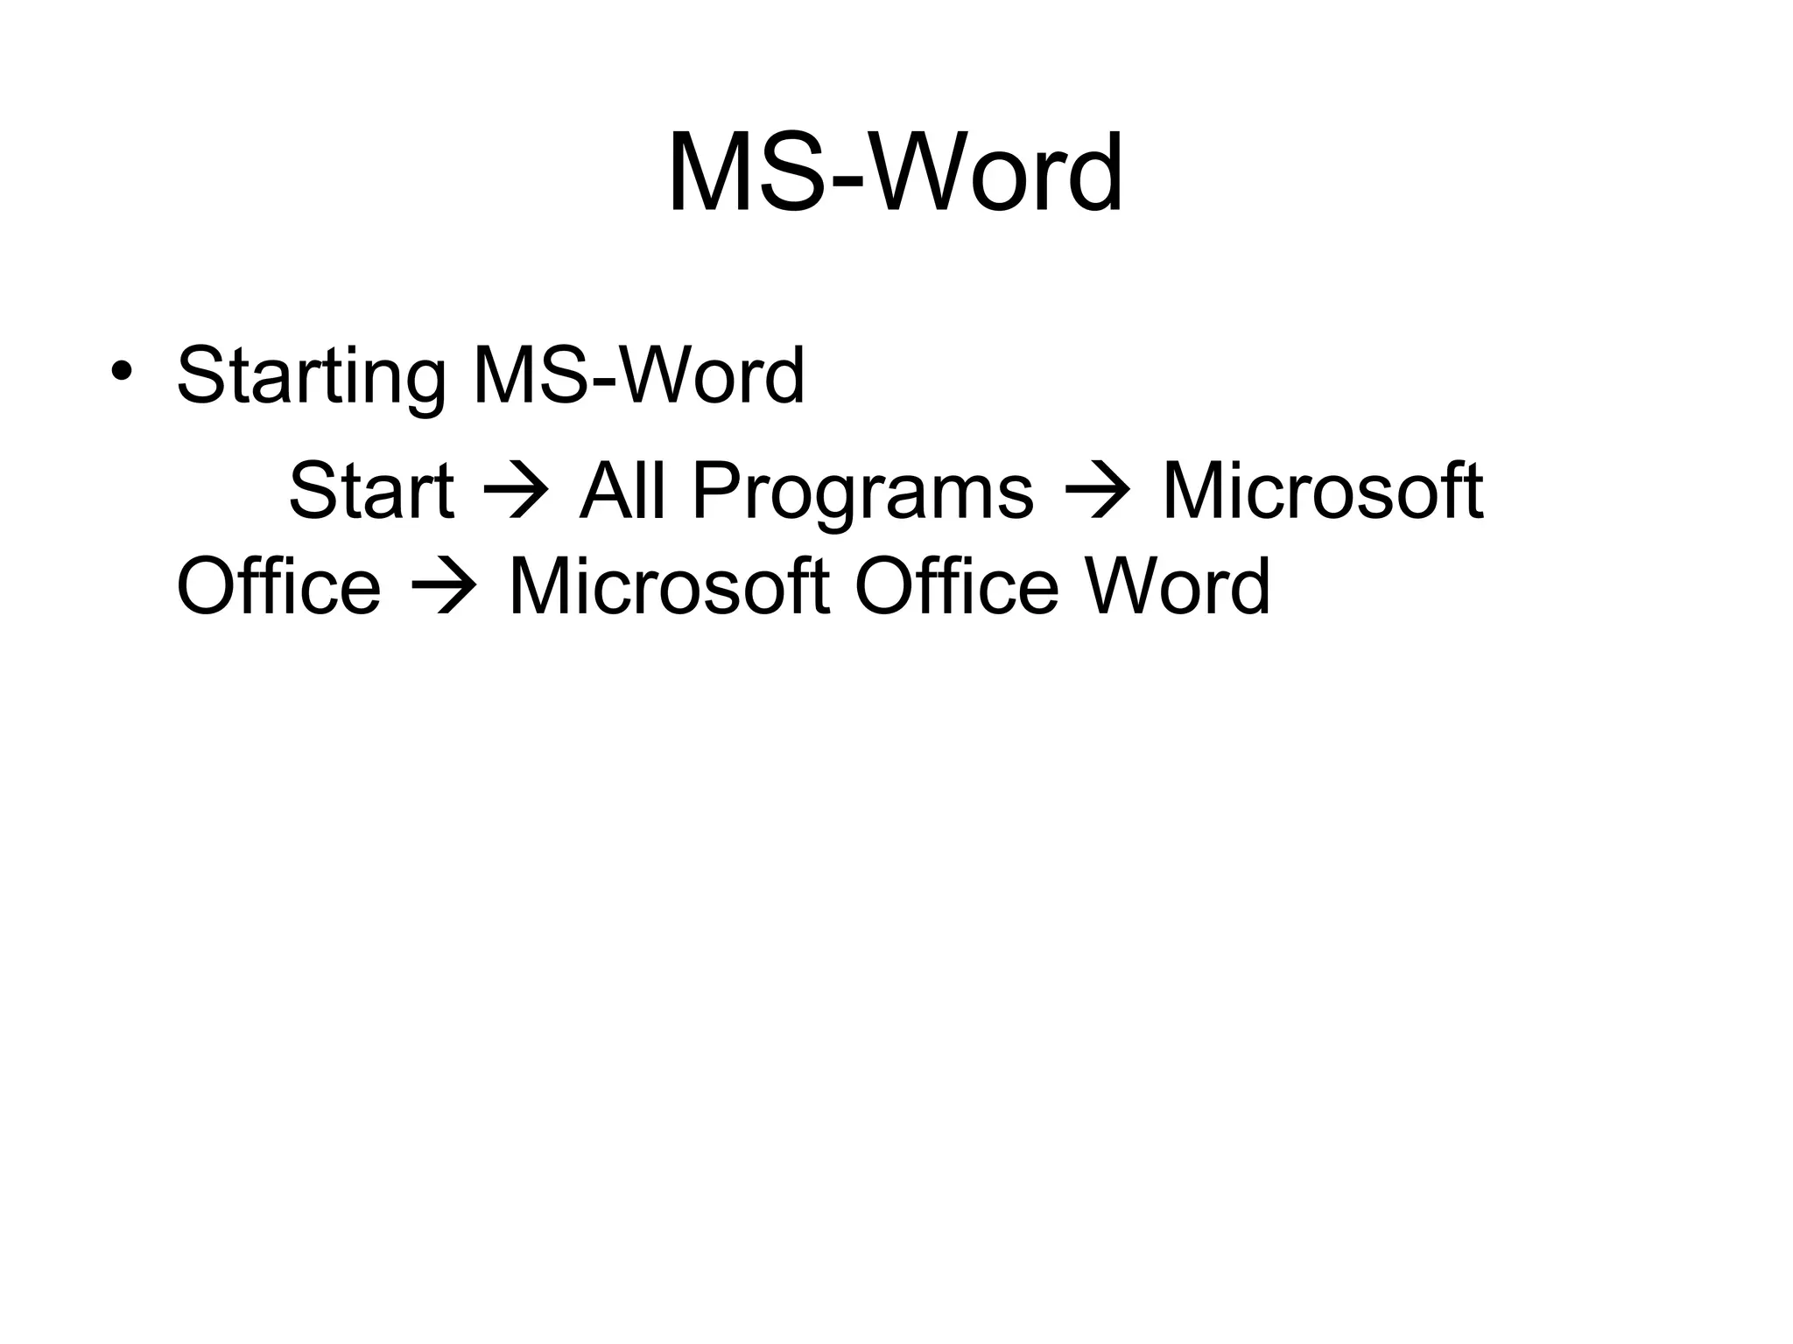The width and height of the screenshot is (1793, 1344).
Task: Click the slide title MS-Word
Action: coord(895,172)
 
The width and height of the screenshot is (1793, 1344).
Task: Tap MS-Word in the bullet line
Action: coord(638,375)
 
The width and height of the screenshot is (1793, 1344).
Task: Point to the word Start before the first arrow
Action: coord(371,491)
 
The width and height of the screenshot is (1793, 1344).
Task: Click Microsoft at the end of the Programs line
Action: coord(1322,491)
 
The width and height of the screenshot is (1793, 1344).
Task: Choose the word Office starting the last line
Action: coord(278,585)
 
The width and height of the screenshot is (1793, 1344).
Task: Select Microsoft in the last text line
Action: coord(669,585)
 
